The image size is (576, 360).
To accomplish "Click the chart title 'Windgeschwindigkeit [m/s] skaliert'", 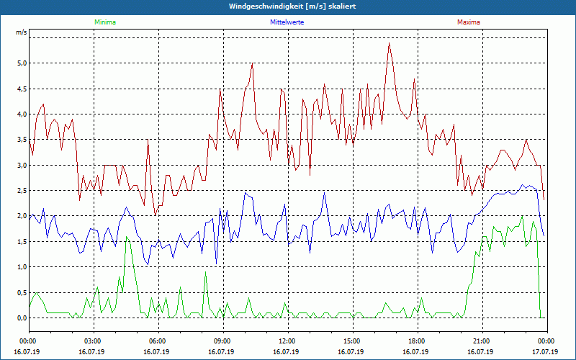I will tap(287, 6).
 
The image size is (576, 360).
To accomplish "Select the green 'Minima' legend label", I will tap(104, 22).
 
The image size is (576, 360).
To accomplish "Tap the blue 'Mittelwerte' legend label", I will tap(287, 22).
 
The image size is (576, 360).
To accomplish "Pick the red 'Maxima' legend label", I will tap(469, 22).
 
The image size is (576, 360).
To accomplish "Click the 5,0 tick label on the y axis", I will tap(22, 63).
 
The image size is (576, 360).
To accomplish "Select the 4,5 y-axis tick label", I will tap(22, 89).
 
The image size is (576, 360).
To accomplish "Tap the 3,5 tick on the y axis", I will tap(22, 140).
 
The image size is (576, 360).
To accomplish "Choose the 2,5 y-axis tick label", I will tap(22, 191).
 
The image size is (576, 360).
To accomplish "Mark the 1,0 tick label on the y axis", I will tap(22, 267).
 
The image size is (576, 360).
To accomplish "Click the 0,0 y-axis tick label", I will tap(22, 318).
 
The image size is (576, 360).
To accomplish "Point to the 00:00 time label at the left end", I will tap(28, 341).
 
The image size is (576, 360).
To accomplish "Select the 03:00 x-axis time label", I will tap(93, 341).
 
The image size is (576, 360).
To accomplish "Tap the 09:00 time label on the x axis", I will tap(222, 341).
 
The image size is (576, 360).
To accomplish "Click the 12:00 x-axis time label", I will tap(287, 341).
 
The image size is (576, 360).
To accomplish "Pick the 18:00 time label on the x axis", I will tap(417, 341).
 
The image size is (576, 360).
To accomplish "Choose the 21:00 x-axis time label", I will tap(482, 341).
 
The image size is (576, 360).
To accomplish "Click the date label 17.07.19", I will tap(546, 352).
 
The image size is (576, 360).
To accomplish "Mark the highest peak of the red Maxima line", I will tap(390, 42).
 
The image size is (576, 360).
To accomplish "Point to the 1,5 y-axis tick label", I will tap(22, 242).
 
